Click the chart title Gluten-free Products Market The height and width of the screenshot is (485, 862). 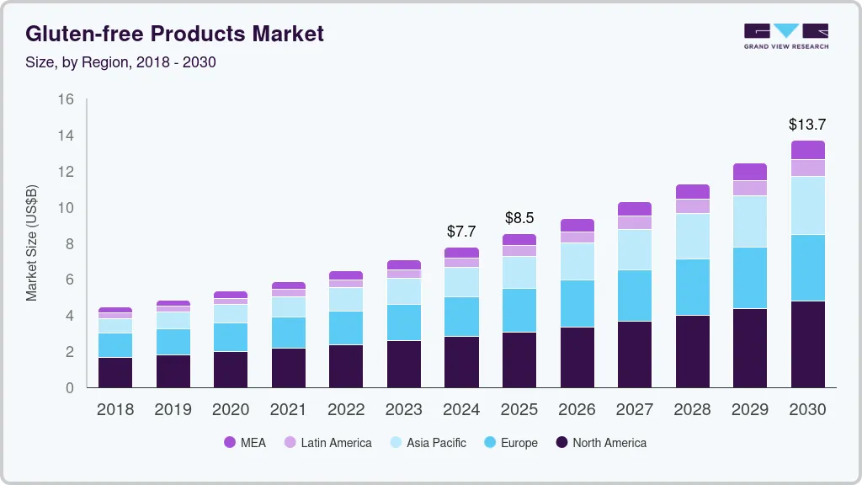tap(174, 34)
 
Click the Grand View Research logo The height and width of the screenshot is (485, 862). tap(785, 36)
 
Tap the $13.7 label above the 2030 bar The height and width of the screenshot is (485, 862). tap(806, 124)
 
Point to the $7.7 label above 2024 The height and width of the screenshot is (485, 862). tap(461, 231)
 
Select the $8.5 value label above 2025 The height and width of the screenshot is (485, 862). tap(519, 218)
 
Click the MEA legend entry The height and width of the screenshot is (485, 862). tap(245, 443)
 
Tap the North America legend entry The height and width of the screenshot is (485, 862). tap(601, 443)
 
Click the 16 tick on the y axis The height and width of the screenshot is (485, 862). tap(66, 99)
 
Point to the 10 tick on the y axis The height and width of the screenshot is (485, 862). tap(66, 208)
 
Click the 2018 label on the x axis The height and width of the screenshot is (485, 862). tap(114, 410)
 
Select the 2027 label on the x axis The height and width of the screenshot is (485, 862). tap(634, 410)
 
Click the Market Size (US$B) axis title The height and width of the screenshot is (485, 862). tap(32, 242)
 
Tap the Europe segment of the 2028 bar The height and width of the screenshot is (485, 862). tap(692, 287)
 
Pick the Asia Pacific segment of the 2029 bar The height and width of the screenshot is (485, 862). tap(749, 221)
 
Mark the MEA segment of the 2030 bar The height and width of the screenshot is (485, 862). tap(807, 150)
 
